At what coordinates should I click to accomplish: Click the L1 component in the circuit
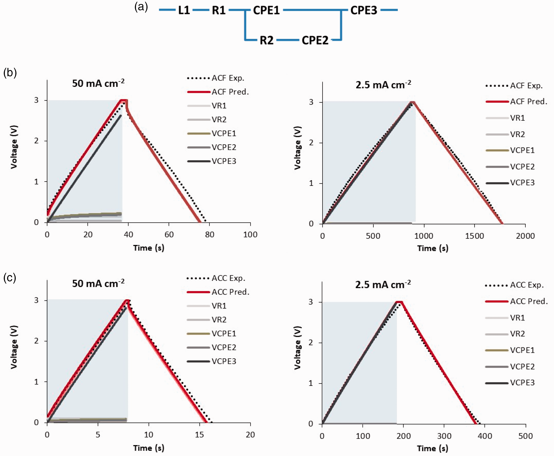184,10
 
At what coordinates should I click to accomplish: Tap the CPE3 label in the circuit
364,10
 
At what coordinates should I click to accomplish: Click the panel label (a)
141,7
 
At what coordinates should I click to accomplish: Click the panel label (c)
10,278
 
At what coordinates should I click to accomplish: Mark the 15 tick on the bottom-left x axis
199,435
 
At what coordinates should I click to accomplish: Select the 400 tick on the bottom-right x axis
485,436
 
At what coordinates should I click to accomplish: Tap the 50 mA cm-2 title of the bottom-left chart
98,283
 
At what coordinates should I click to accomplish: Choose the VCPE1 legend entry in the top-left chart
212,133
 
